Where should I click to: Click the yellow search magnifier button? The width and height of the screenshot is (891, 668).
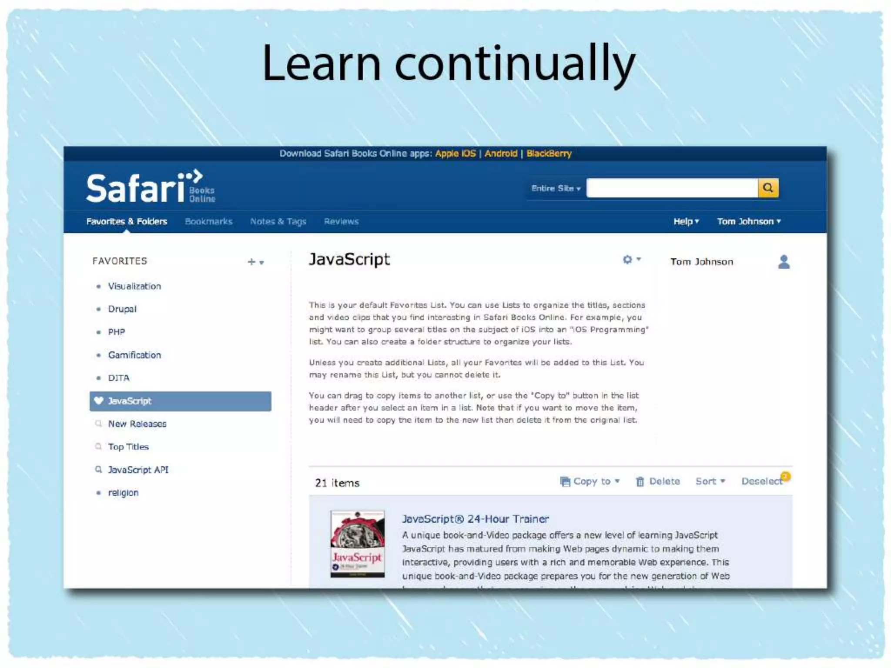coord(768,188)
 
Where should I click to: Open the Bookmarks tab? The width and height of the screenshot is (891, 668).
coord(209,221)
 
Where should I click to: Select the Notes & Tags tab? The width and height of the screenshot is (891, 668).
coord(278,221)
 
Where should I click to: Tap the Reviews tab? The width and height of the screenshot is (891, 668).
coord(341,221)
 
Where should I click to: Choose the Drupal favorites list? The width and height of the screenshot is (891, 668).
coord(122,309)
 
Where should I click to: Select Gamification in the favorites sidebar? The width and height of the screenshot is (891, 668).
coord(134,355)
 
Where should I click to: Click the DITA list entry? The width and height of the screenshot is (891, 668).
coord(119,378)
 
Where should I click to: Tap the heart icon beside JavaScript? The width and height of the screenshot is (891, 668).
coord(99,401)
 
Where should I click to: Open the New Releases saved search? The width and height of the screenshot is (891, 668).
coord(137,424)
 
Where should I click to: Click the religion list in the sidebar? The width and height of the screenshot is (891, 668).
coord(123,493)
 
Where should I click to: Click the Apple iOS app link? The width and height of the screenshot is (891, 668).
coord(455,154)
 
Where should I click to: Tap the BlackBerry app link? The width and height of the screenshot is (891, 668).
coord(549,154)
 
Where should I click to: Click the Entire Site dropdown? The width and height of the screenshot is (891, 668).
coord(556,188)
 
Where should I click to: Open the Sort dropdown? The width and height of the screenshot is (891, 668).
coord(710,481)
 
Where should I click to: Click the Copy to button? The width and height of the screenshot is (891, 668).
coord(590,481)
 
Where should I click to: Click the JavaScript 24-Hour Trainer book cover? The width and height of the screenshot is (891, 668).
coord(357,544)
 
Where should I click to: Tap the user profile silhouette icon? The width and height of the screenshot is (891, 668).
coord(784,262)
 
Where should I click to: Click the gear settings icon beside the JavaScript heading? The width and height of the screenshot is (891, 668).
coord(627,260)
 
